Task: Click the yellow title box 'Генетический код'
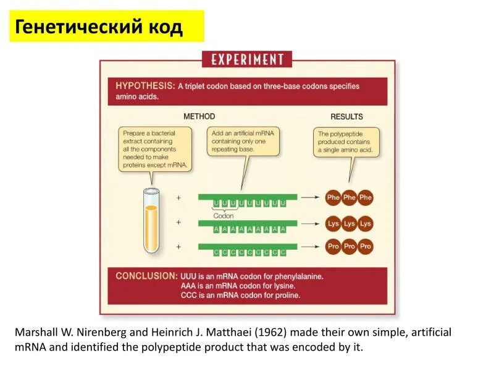(x=106, y=27)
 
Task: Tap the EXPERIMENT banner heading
(x=247, y=59)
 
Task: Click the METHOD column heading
(x=199, y=116)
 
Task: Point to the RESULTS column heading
(x=346, y=116)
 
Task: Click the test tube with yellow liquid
(x=151, y=221)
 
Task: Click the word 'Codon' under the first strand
(x=224, y=216)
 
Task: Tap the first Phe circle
(x=333, y=198)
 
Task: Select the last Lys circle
(x=366, y=223)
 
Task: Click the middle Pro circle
(x=350, y=246)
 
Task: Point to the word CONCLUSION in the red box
(x=146, y=276)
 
